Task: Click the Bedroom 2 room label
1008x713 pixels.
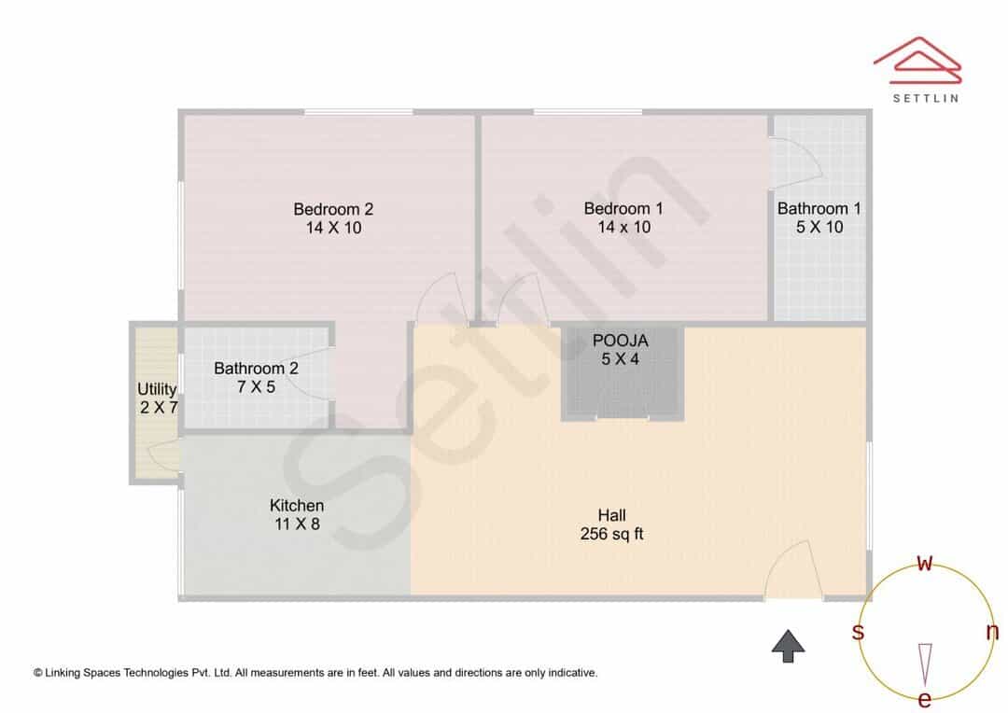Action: point(333,209)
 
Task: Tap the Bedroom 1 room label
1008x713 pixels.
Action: point(623,208)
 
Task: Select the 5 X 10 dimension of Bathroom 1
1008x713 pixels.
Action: point(819,227)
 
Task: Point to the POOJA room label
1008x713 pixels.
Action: point(621,341)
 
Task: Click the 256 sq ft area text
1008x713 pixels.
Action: point(611,534)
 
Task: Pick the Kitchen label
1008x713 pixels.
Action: point(297,505)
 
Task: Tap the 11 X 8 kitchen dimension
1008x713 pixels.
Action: point(297,524)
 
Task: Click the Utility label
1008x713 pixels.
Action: point(157,389)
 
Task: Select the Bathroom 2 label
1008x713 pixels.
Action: point(256,369)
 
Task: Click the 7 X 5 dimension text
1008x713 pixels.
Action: point(256,387)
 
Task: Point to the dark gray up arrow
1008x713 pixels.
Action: point(788,646)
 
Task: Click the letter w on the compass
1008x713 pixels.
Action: point(924,563)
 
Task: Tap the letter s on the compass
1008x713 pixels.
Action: point(858,632)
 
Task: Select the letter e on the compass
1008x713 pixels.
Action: point(924,698)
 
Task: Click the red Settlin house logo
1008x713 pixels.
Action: point(917,60)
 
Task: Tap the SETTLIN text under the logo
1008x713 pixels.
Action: point(926,98)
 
